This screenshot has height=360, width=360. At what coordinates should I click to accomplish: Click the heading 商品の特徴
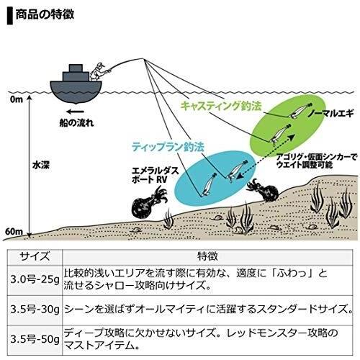pyautogui.click(x=45, y=15)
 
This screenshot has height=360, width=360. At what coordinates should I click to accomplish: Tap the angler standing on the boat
pyautogui.click(x=99, y=71)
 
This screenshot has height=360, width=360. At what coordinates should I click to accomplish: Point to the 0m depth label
pyautogui.click(x=17, y=99)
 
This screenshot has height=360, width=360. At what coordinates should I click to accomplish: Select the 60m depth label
pyautogui.click(x=14, y=232)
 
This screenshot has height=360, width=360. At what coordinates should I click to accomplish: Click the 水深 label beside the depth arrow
pyautogui.click(x=41, y=165)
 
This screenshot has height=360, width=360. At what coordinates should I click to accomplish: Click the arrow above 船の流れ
pyautogui.click(x=75, y=112)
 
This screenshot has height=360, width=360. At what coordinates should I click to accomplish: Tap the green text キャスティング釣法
pyautogui.click(x=221, y=106)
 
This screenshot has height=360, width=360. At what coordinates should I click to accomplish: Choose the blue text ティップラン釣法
pyautogui.click(x=168, y=147)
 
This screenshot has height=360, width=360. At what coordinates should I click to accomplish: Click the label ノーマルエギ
pyautogui.click(x=330, y=113)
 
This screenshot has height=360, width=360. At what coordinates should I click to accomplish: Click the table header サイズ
pyautogui.click(x=35, y=256)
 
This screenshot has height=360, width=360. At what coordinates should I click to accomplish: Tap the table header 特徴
pyautogui.click(x=207, y=256)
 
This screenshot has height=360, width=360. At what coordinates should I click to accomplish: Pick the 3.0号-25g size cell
pyautogui.click(x=35, y=280)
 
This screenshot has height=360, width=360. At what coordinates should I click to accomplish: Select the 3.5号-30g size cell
pyautogui.click(x=35, y=310)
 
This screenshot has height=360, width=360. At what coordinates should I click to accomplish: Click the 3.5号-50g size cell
pyautogui.click(x=35, y=339)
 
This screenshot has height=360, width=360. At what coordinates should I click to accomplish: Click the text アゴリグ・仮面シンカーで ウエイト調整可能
pyautogui.click(x=317, y=161)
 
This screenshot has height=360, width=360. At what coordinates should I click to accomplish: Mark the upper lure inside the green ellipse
pyautogui.click(x=300, y=110)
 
